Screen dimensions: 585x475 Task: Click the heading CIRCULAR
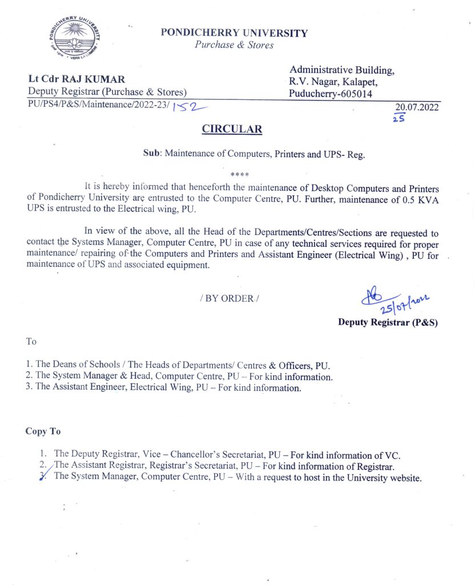tap(232, 129)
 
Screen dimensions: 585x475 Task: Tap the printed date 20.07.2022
tap(417, 107)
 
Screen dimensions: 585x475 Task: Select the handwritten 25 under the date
tap(399, 118)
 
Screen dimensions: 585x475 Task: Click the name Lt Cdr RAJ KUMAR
tap(77, 79)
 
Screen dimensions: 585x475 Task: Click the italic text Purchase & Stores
tap(234, 45)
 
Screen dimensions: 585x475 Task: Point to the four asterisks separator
tap(239, 174)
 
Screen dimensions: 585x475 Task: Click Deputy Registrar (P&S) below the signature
tap(388, 322)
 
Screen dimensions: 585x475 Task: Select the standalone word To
tap(31, 342)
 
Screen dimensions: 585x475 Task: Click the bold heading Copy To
tap(43, 431)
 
